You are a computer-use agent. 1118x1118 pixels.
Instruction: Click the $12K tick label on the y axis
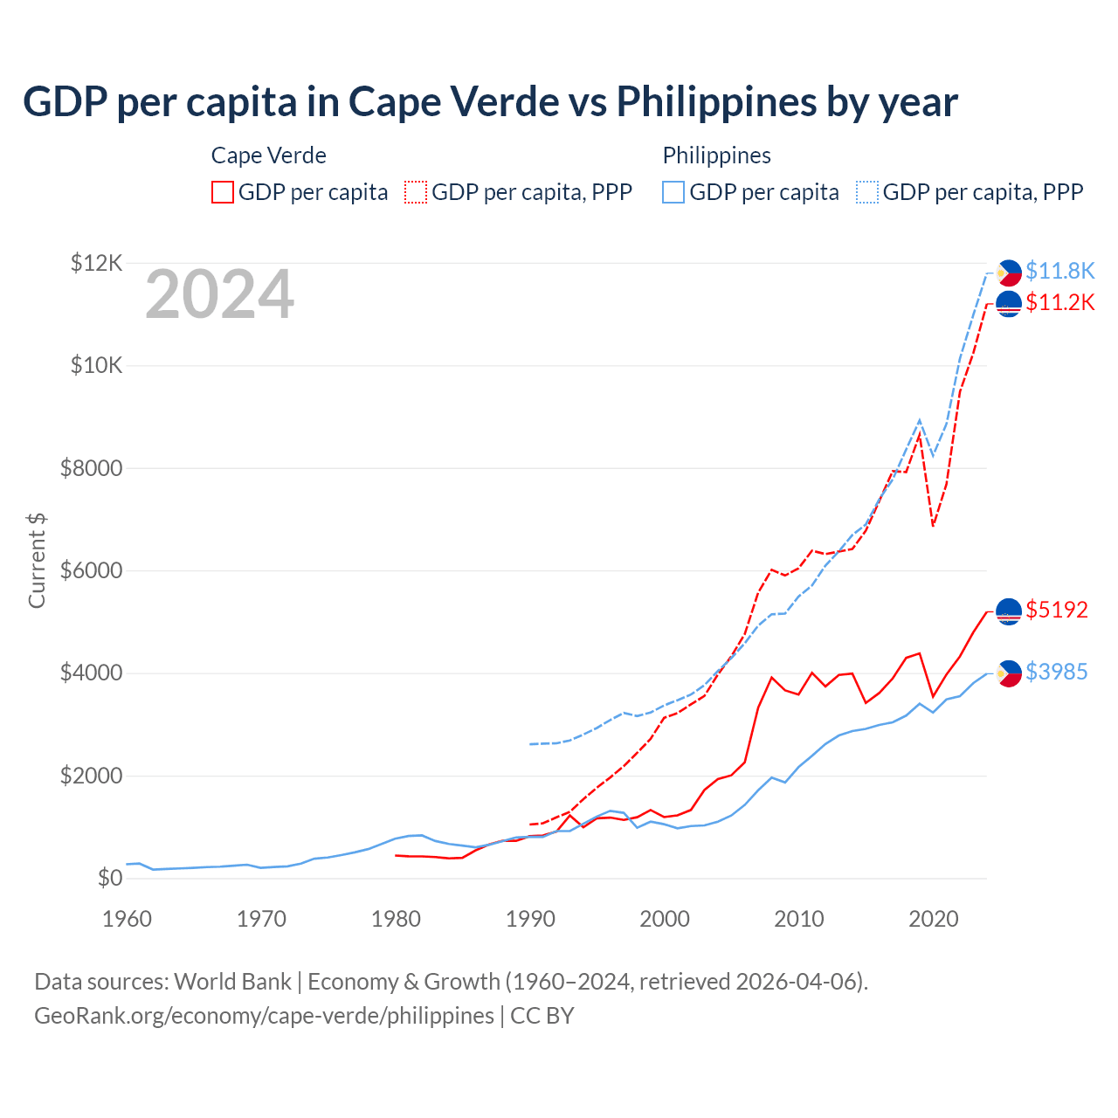tap(97, 263)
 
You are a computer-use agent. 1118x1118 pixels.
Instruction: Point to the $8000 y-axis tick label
tap(91, 468)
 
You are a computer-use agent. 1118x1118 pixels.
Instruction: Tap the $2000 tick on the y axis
tap(91, 776)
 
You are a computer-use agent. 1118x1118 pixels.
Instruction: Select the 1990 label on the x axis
tap(530, 919)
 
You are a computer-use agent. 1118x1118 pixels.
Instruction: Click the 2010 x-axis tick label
tap(799, 919)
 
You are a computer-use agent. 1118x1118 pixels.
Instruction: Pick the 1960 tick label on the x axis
tap(128, 919)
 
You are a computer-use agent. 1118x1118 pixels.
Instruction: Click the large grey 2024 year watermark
tap(219, 294)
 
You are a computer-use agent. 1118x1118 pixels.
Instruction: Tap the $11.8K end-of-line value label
tap(1059, 271)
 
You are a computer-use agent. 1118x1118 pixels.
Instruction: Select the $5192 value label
tap(1057, 610)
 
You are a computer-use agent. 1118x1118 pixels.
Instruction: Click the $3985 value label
tap(1057, 672)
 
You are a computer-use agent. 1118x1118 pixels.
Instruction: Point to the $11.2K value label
tap(1059, 302)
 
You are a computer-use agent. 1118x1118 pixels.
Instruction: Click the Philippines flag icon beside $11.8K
tap(1009, 273)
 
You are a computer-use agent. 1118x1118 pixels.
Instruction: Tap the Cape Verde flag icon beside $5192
tap(1009, 611)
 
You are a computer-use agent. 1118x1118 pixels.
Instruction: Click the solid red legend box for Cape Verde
tap(223, 192)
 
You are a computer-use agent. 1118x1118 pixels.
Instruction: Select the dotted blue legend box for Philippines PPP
tap(867, 192)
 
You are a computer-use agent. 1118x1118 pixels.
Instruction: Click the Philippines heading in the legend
tap(716, 155)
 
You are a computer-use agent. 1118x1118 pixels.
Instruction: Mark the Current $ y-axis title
tap(37, 560)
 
